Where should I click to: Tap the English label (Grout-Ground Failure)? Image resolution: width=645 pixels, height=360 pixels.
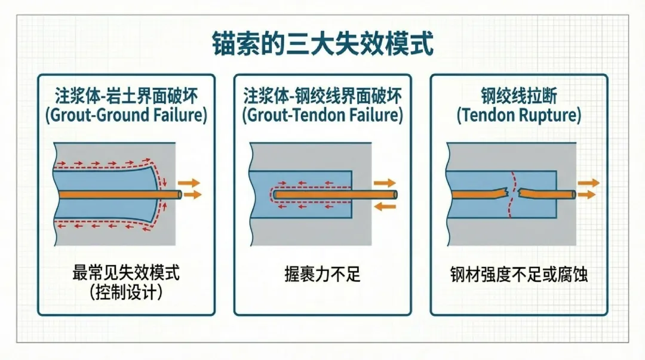pos(126,115)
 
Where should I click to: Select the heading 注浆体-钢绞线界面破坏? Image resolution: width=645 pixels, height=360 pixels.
pos(322,96)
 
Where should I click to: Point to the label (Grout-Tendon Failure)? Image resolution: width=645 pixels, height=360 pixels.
pos(322,115)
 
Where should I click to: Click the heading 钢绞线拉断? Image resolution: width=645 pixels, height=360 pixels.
pos(519,96)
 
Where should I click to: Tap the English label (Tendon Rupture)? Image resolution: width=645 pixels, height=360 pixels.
pos(519,115)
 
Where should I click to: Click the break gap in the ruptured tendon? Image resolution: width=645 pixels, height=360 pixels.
pos(513,193)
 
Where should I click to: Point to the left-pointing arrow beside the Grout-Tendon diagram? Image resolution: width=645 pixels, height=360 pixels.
pos(385,206)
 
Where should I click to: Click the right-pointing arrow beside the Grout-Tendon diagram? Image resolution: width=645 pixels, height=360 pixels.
pos(385,183)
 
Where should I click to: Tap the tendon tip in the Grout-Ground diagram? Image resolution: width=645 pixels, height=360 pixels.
pos(179,194)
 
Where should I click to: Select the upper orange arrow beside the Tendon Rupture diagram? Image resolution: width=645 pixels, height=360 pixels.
pos(588,183)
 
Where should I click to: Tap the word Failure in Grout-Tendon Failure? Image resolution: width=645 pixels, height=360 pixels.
pos(373,115)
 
